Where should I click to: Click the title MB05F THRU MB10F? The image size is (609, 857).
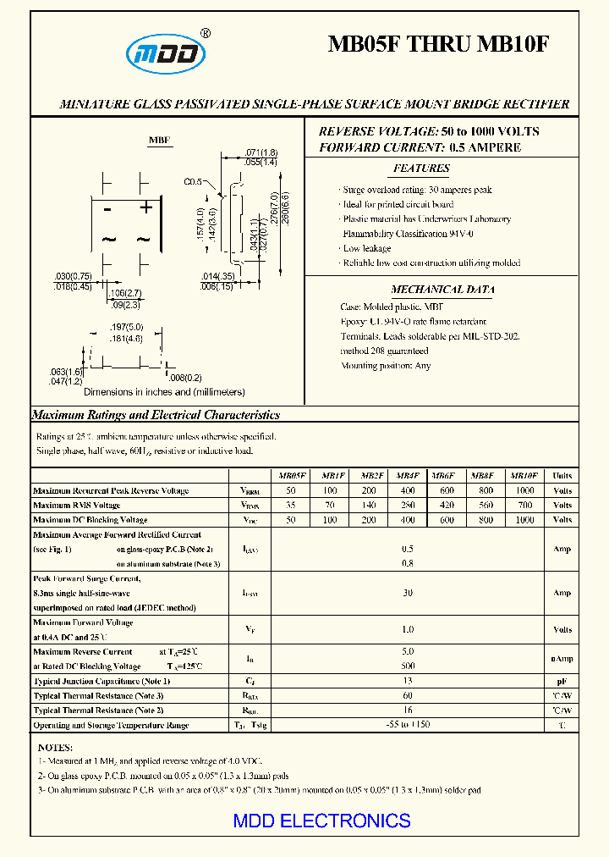[x=438, y=45]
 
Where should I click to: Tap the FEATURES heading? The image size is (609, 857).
[x=421, y=169]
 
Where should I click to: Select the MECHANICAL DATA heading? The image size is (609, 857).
[x=442, y=290]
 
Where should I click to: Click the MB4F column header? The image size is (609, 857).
[x=407, y=476]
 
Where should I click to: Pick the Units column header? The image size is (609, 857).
[x=562, y=476]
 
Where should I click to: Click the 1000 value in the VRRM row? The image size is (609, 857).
[x=524, y=490]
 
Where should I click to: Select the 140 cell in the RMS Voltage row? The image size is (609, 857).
[x=369, y=506]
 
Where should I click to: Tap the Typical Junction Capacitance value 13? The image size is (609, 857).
[x=408, y=681]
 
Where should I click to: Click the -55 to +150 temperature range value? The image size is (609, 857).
[x=408, y=725]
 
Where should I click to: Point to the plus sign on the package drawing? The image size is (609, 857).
[x=145, y=207]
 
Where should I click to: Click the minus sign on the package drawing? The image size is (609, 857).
[x=108, y=208]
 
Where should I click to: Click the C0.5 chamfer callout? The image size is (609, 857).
[x=194, y=182]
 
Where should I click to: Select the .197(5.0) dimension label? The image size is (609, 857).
[x=127, y=327]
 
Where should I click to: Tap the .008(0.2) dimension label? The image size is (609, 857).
[x=185, y=378]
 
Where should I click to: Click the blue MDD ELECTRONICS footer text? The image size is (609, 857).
[x=321, y=821]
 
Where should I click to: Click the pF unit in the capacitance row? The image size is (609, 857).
[x=562, y=681]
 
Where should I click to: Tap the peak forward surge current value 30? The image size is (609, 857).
[x=408, y=593]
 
